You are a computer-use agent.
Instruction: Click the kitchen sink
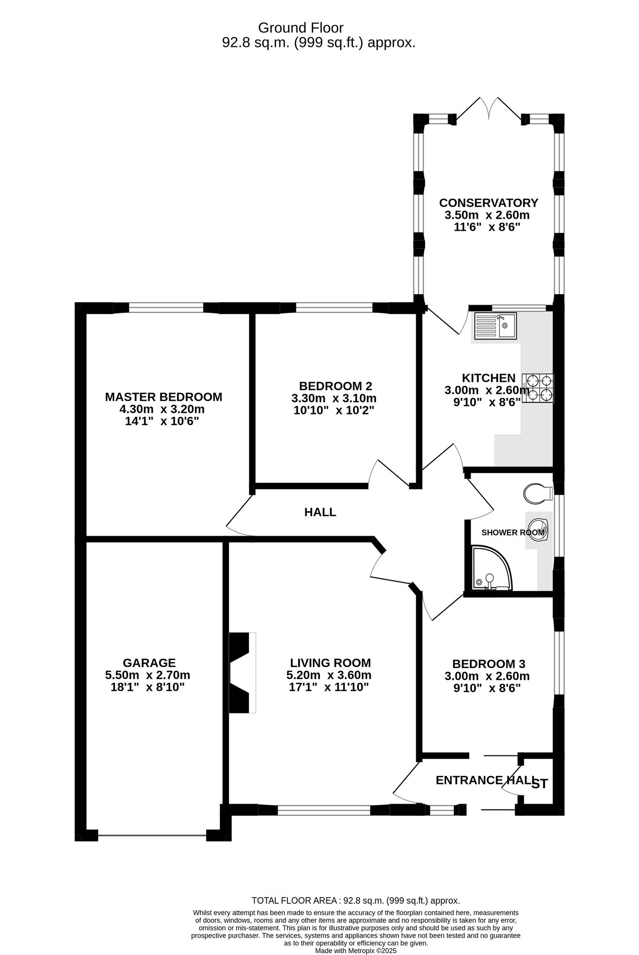[495, 326]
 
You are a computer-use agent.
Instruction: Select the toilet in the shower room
[538, 493]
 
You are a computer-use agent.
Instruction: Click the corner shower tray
[491, 568]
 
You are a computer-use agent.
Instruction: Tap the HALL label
[320, 512]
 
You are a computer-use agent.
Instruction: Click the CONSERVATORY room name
[489, 202]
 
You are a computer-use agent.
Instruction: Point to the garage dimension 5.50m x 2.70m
[147, 675]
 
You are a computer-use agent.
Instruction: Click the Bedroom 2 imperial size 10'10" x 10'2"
[334, 410]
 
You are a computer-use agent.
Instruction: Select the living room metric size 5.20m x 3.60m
[329, 675]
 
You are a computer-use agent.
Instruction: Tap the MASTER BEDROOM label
[164, 397]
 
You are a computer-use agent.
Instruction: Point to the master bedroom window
[166, 308]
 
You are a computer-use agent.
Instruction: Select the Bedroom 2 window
[334, 308]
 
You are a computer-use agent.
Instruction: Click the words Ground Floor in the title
[301, 28]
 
